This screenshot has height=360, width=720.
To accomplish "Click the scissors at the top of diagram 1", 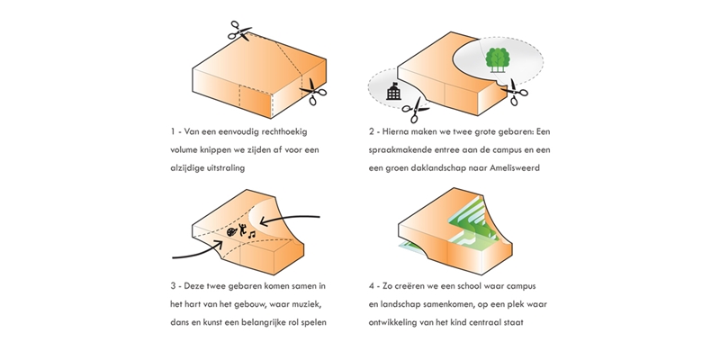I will (x=241, y=30).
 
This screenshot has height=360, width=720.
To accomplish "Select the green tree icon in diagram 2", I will (x=495, y=58).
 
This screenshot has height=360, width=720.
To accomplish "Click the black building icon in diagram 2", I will (x=392, y=92).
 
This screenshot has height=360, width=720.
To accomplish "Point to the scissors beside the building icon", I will (x=416, y=109).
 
